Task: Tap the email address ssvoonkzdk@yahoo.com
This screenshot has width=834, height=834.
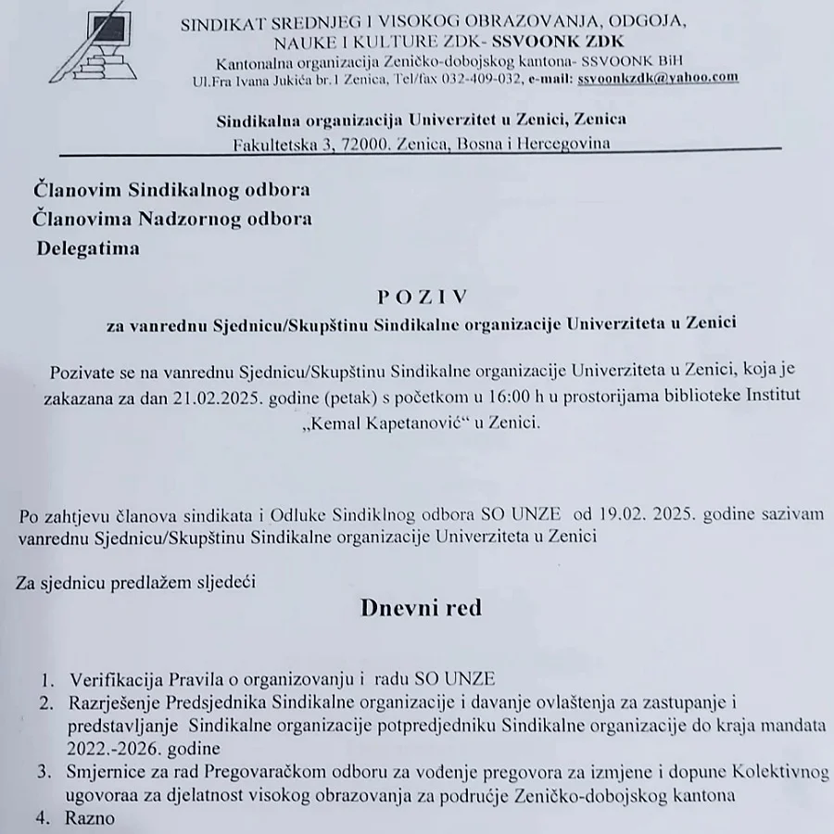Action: pyautogui.click(x=657, y=79)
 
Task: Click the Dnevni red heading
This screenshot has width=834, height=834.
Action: pyautogui.click(x=421, y=608)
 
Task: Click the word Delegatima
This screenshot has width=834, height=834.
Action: pyautogui.click(x=88, y=247)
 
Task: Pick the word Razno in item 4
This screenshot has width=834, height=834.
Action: pyautogui.click(x=90, y=818)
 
